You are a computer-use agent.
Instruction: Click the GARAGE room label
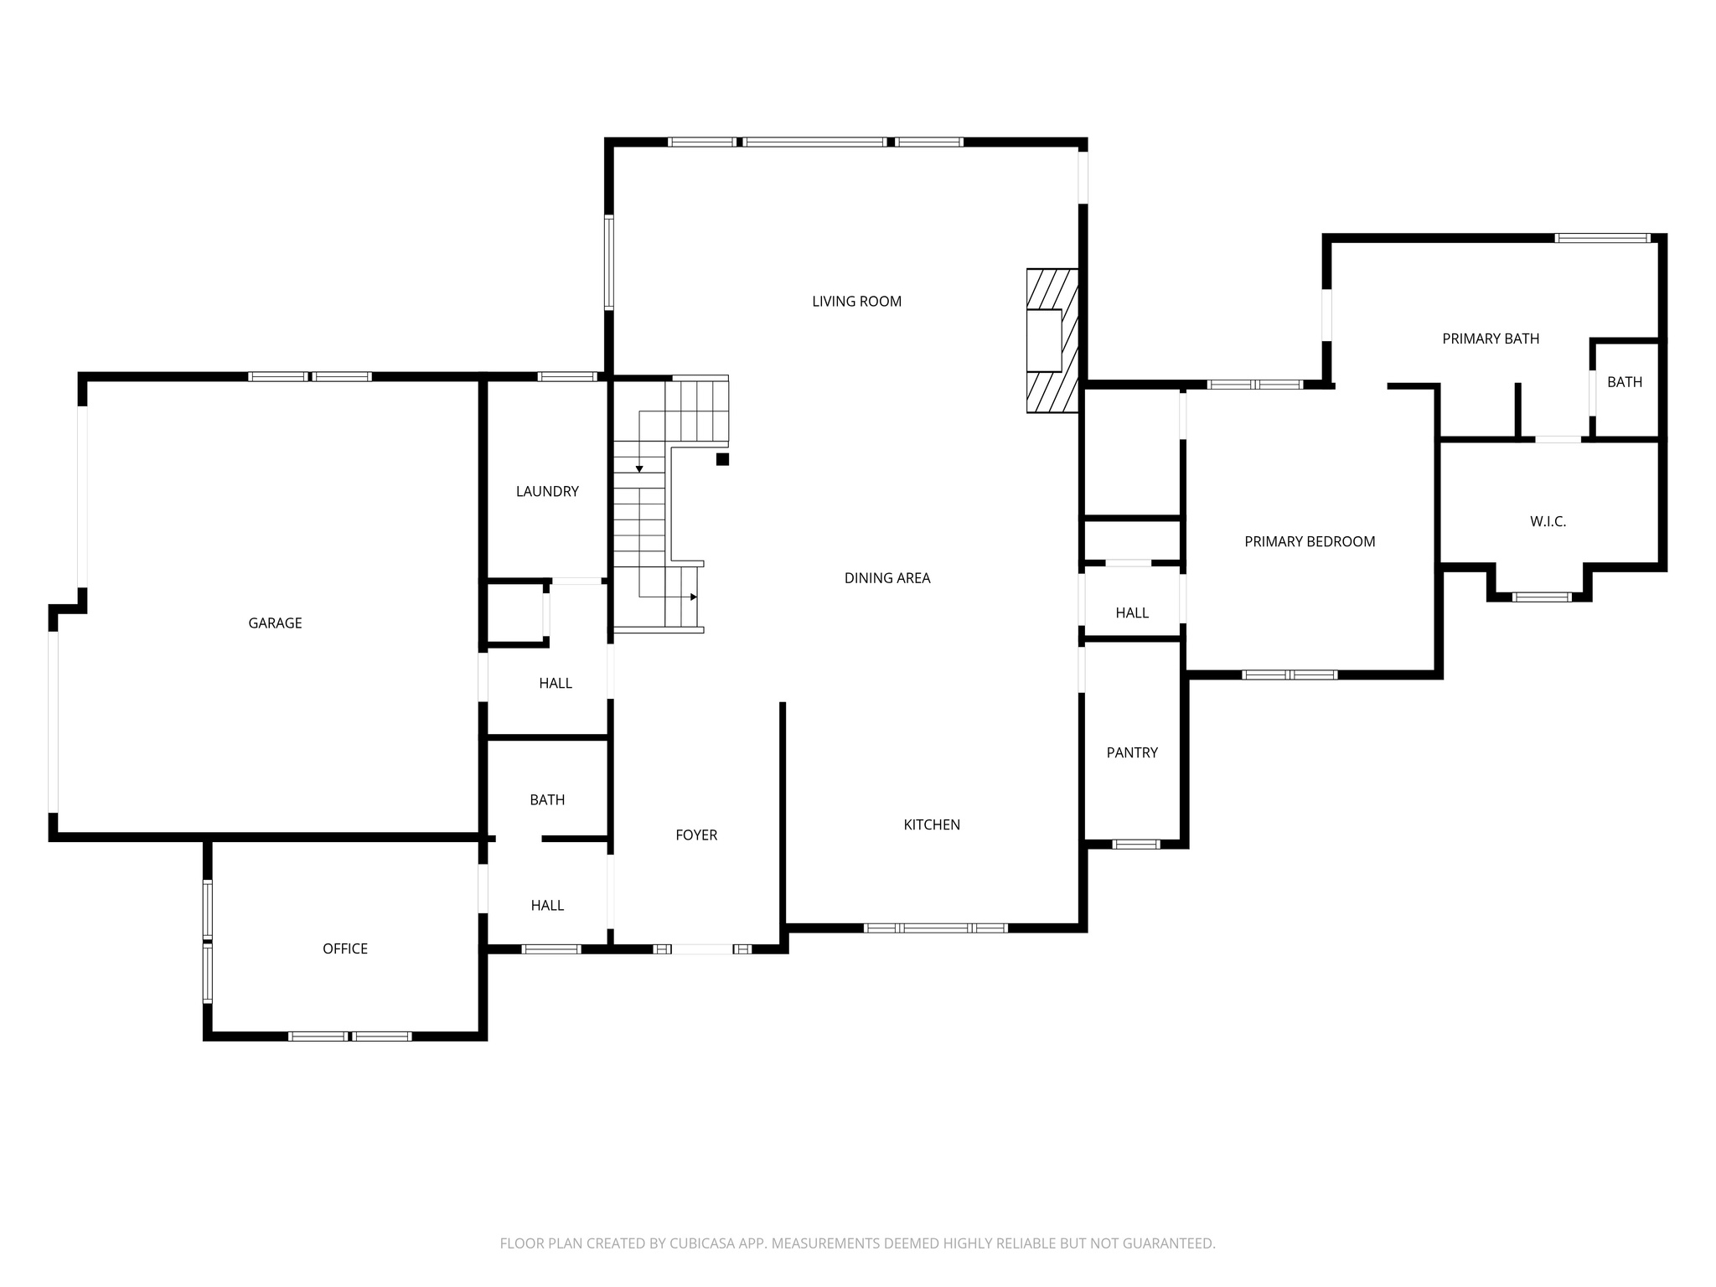coord(275,623)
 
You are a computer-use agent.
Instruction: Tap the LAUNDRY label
coord(547,491)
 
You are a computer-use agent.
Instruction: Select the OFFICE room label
coord(345,948)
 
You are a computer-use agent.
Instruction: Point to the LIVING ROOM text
coord(856,302)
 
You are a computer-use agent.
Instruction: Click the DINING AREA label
coord(887,578)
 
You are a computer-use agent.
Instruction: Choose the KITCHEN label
coord(932,824)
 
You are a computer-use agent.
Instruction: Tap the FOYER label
coord(696,835)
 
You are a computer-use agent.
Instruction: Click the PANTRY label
coord(1132,752)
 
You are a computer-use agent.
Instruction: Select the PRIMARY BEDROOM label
coord(1310,541)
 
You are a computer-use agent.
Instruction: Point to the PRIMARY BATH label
coord(1491,339)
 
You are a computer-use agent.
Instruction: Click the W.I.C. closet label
coord(1548,521)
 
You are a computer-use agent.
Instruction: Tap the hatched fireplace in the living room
coord(1052,340)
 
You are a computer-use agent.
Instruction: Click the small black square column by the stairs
coord(722,459)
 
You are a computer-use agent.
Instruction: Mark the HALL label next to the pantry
coord(1132,612)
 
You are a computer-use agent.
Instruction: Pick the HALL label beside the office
coord(547,905)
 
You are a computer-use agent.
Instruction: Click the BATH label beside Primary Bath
coord(1624,382)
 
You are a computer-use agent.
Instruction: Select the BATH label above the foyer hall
coord(547,800)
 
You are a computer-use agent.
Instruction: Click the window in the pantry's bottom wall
coord(1135,844)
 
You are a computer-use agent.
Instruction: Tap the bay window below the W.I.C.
coord(1541,597)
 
